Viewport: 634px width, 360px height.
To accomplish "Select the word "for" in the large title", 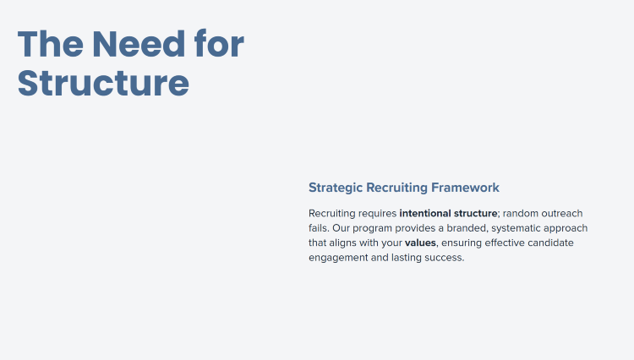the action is pos(219,43).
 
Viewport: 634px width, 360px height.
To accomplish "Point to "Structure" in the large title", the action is pos(103,83).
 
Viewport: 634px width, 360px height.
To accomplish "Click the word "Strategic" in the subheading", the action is pos(336,188).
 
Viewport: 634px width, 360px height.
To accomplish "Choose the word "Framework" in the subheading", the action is pos(465,188).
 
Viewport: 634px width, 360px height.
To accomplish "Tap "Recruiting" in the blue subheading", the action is pos(396,188).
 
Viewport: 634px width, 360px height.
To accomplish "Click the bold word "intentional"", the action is pos(425,213).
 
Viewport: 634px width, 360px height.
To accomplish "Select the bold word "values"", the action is pos(420,243).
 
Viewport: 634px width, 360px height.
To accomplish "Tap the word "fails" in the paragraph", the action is pos(318,228).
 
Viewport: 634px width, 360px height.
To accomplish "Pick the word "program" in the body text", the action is pos(373,229).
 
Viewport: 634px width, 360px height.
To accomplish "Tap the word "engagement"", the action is pos(338,259).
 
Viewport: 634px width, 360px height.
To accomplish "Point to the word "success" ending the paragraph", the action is pos(443,258).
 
